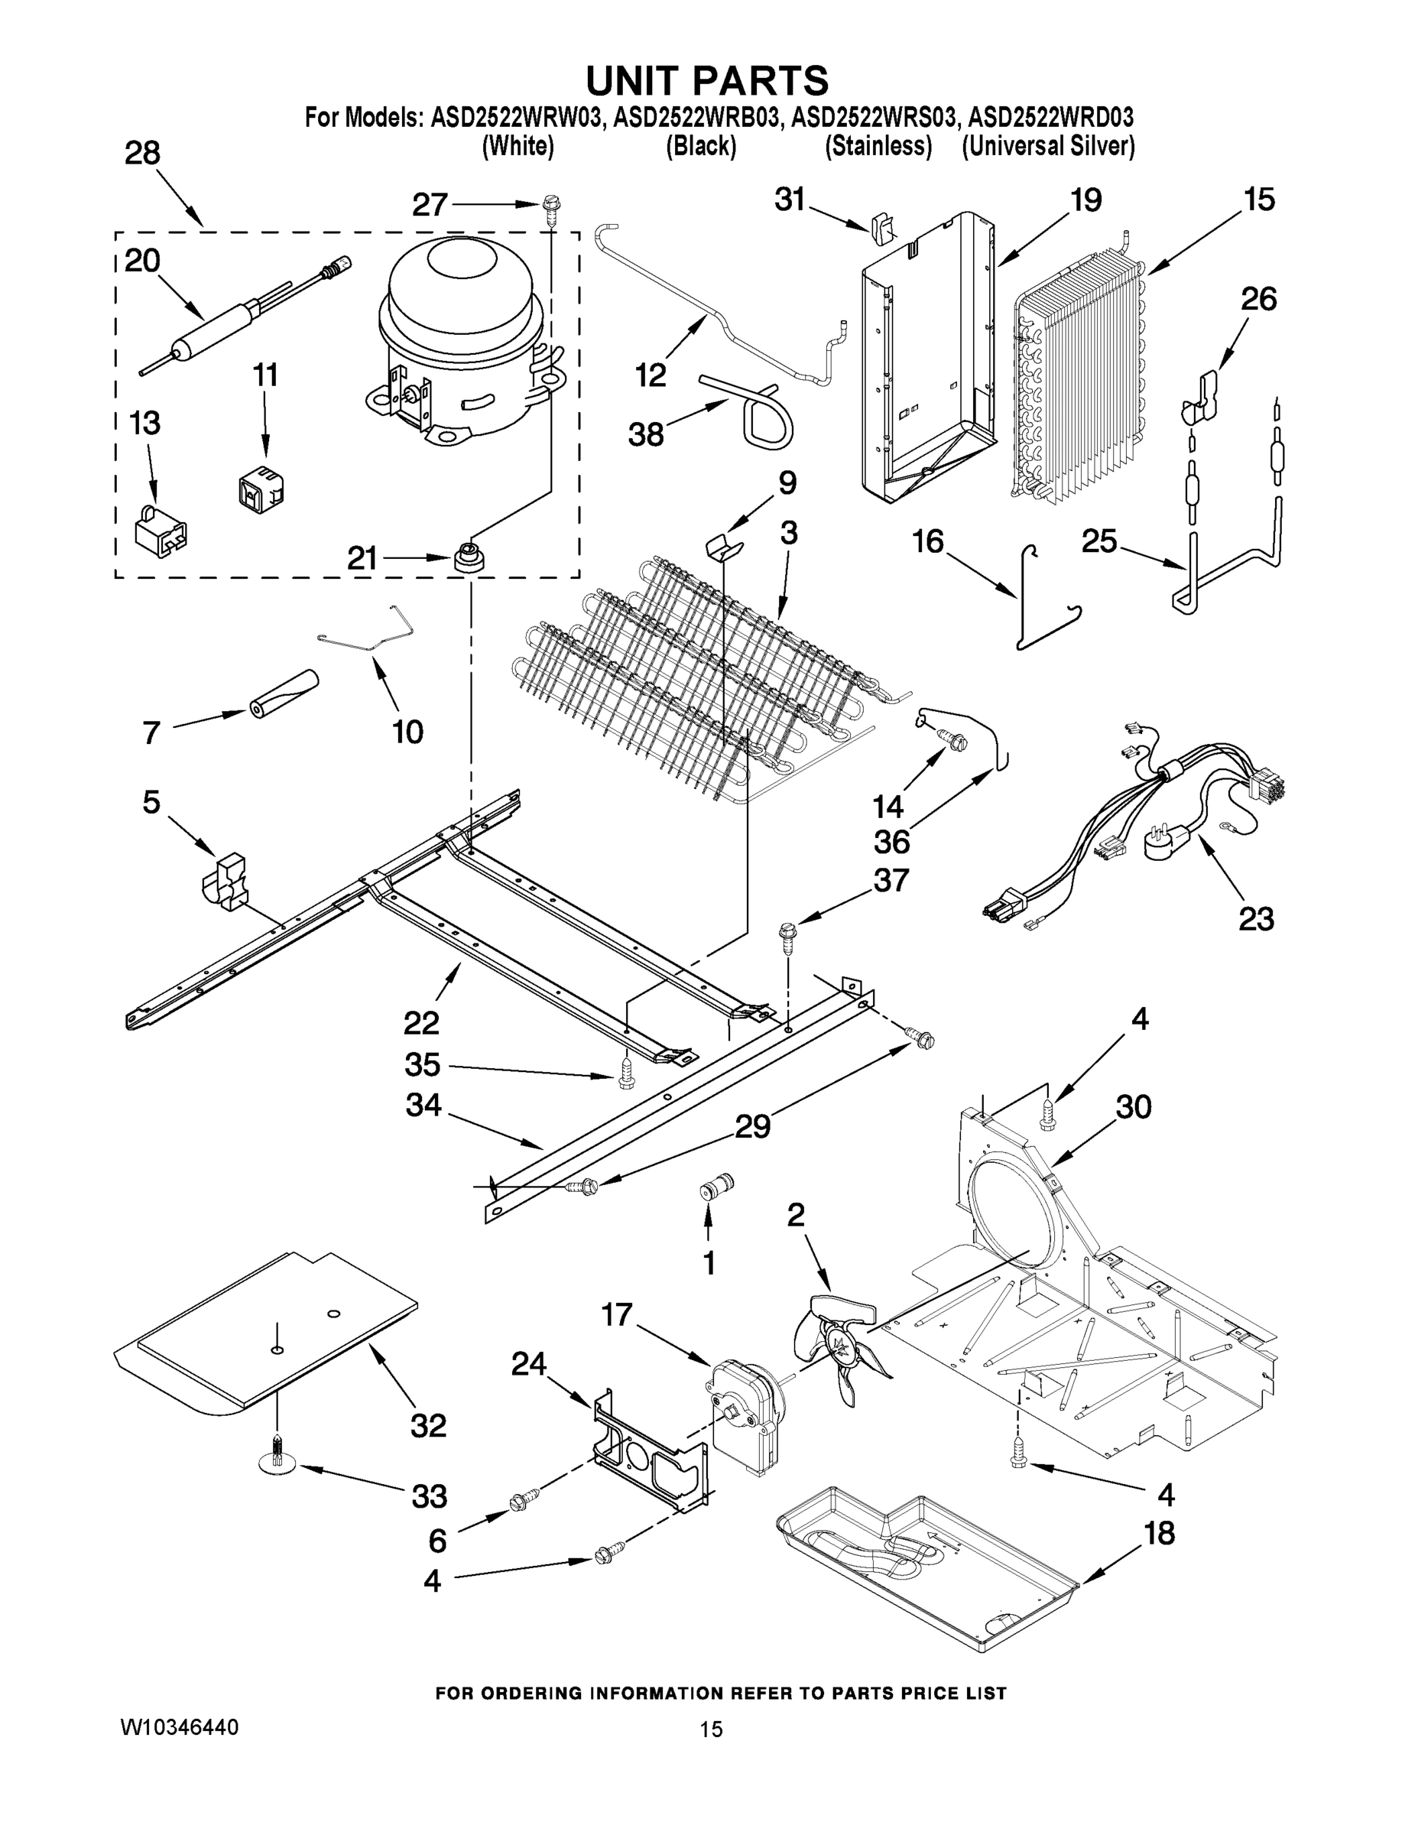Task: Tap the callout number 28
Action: pos(142,154)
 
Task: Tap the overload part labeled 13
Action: pos(161,529)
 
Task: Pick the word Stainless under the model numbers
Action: pos(878,146)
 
